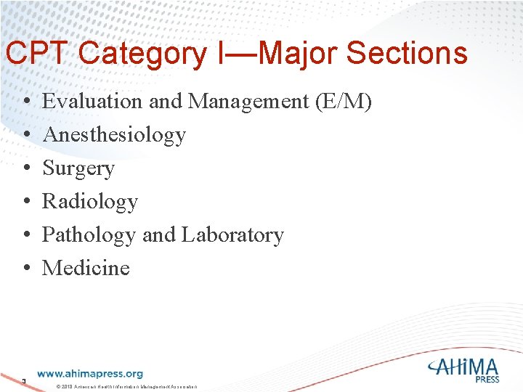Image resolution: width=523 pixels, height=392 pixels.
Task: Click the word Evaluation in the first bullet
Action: pos(94,102)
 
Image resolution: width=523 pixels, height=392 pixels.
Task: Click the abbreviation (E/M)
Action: pos(344,102)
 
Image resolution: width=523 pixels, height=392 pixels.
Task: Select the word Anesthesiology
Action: pos(114,135)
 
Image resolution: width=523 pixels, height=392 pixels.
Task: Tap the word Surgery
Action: pos(78,168)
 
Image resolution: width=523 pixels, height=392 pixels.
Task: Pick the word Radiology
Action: pos(90,201)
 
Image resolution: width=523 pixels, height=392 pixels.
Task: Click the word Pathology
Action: pos(89,235)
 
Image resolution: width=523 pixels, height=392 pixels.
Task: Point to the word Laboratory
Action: pos(232,235)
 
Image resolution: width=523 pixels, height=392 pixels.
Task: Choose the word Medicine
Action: pos(86,268)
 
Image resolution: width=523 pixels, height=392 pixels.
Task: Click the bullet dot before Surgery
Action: pos(25,169)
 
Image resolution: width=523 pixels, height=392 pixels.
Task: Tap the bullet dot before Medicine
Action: pos(25,269)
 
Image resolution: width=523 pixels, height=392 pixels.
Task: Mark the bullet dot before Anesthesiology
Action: pos(25,136)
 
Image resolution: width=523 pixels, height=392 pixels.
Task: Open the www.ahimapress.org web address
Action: pos(89,374)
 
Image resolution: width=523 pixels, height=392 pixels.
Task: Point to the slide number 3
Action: pos(24,380)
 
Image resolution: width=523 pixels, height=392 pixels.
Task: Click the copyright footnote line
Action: pos(126,386)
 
